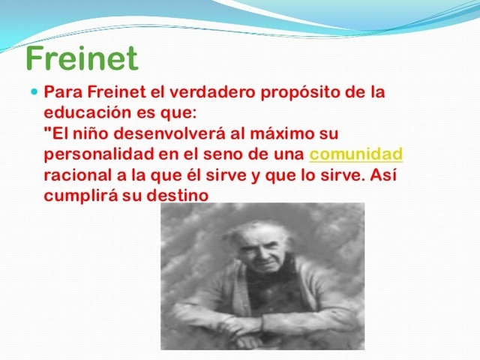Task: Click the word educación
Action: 88,115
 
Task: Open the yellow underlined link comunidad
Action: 356,155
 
